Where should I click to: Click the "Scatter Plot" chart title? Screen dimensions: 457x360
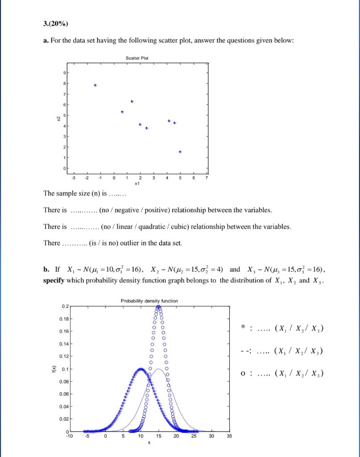coord(137,58)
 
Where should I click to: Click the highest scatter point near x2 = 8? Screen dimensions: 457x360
coord(95,85)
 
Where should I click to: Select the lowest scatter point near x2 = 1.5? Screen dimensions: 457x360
coord(180,152)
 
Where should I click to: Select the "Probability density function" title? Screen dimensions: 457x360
coord(149,301)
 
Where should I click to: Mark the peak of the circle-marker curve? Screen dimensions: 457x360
coord(158,307)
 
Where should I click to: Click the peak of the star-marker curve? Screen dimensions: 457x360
coord(141,370)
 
